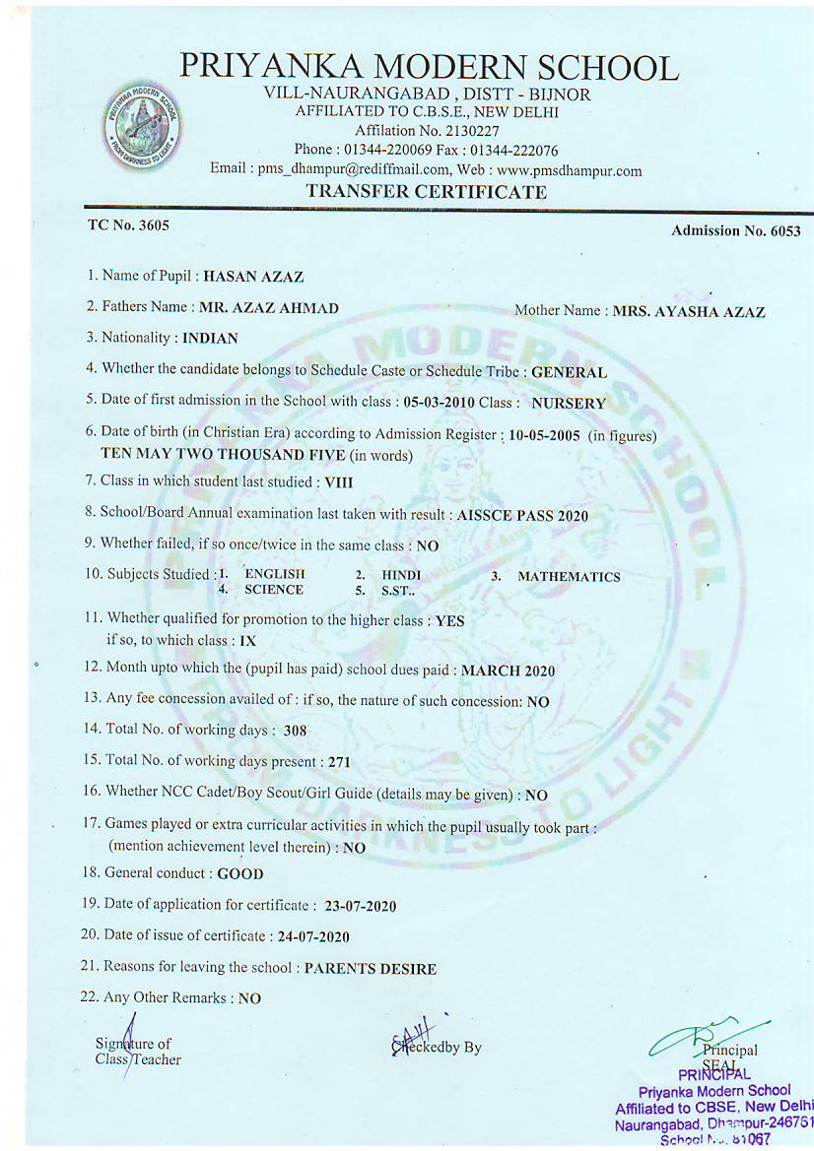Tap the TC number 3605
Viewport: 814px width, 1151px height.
point(154,224)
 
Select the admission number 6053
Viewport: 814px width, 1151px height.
point(784,231)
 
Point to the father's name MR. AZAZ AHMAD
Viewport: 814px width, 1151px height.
point(268,308)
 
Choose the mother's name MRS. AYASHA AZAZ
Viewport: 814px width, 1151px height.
point(689,312)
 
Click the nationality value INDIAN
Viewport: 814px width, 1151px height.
point(211,339)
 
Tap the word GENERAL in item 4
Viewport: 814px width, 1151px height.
point(569,372)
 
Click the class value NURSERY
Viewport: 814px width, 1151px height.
point(569,403)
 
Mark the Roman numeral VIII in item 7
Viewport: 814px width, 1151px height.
point(338,482)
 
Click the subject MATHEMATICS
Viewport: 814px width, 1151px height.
point(569,577)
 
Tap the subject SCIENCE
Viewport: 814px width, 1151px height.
point(274,591)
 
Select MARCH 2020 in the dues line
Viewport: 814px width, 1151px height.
point(508,671)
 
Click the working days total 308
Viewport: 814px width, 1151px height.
point(295,732)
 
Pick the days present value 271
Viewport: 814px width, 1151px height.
point(339,762)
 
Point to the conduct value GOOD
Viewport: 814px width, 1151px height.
point(240,873)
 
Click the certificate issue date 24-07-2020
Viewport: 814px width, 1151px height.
point(313,936)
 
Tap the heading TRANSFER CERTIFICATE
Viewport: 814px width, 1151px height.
point(426,192)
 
